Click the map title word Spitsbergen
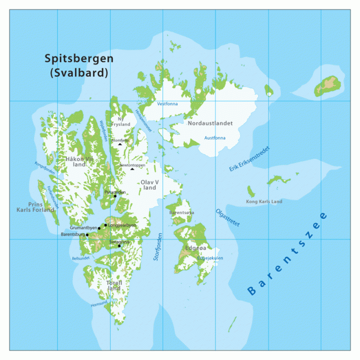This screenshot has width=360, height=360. point(79,58)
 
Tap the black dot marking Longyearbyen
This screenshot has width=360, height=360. point(106,225)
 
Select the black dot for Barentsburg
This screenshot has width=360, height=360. point(87,235)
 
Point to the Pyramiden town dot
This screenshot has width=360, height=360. point(115,196)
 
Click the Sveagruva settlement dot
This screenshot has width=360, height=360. point(119,246)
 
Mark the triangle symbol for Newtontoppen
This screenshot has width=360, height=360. point(132,169)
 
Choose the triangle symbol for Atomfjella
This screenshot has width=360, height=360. point(120,145)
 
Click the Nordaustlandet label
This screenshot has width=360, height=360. point(210,123)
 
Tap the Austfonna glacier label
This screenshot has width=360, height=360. point(214,137)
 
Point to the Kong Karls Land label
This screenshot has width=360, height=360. point(264,202)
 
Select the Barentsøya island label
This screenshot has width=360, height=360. point(181,212)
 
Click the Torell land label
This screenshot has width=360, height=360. point(114,285)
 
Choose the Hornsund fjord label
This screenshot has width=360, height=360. point(99,304)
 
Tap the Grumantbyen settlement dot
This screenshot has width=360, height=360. point(99,228)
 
